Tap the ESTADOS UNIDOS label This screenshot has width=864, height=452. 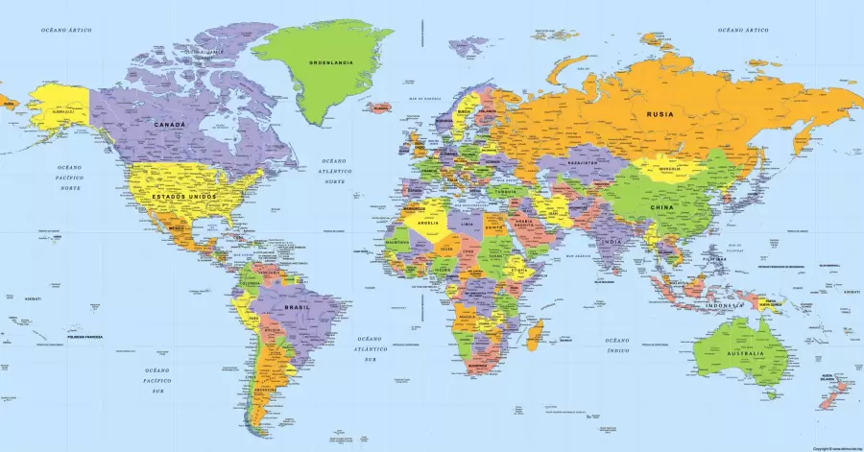click(x=183, y=196)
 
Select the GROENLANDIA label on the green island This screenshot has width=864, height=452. click(x=328, y=62)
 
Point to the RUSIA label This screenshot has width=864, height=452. click(x=660, y=114)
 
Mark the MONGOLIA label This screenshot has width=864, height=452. click(x=669, y=173)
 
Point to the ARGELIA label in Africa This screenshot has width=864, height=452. click(x=428, y=223)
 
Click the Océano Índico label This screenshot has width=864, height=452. click(x=616, y=345)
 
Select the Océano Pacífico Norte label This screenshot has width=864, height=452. click(x=67, y=178)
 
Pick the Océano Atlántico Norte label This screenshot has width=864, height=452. click(x=334, y=171)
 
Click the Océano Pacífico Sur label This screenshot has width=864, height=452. click(x=156, y=380)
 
